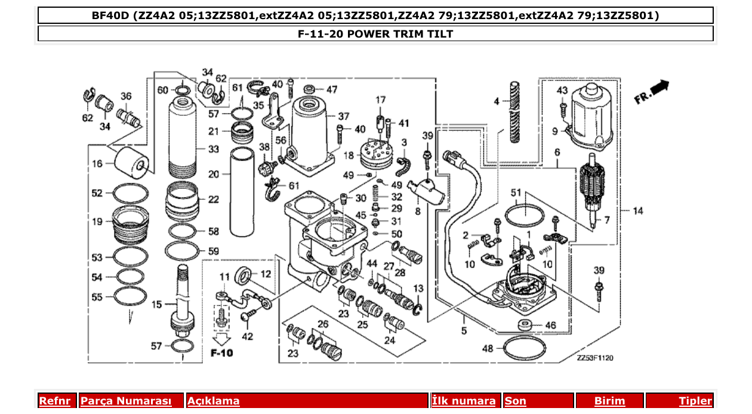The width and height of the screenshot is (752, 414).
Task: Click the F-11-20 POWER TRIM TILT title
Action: [x=375, y=34]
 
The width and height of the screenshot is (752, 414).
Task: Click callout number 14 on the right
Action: [x=638, y=211]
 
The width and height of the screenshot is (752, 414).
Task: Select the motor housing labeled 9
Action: [x=592, y=118]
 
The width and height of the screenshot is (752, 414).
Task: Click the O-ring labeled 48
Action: [x=523, y=348]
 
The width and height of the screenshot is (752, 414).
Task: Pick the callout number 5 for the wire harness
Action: [x=464, y=331]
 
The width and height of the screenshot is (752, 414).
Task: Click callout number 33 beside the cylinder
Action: [x=214, y=149]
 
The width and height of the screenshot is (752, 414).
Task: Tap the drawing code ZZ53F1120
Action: [x=595, y=358]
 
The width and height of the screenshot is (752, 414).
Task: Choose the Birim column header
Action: [x=609, y=401]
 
